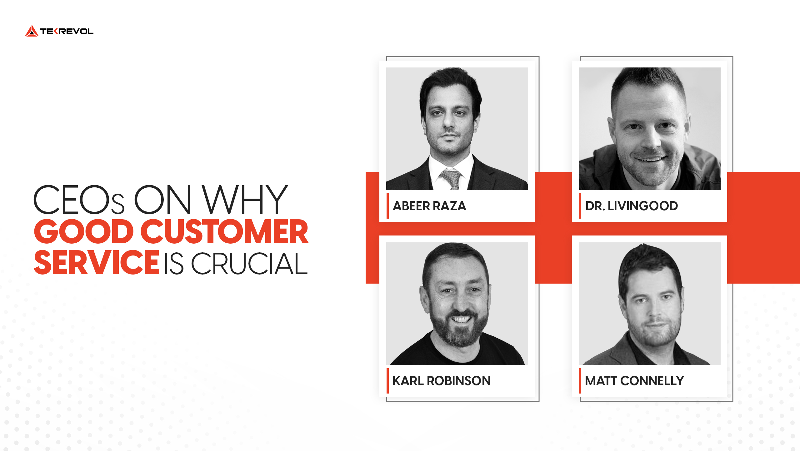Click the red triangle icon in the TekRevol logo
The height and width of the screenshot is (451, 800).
[x=32, y=32]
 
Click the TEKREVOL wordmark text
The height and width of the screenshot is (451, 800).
[x=67, y=32]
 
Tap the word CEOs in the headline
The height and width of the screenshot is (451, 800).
[x=79, y=200]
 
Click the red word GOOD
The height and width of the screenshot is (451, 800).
[x=84, y=232]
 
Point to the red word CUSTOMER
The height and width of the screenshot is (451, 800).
[x=224, y=232]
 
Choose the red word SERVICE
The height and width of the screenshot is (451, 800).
[x=97, y=263]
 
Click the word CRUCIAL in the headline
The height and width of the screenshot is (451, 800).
[x=249, y=264]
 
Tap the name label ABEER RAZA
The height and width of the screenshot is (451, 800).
[x=429, y=206]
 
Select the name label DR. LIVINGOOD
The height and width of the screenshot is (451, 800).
[x=632, y=206]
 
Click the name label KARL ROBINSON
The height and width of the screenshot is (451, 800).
[x=441, y=381]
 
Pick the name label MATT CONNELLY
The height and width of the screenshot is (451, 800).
[x=634, y=381]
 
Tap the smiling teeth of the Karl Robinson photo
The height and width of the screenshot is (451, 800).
[x=462, y=320]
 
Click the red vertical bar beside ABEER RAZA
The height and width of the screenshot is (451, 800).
[x=388, y=206]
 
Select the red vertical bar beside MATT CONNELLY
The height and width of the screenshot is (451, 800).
[x=580, y=381]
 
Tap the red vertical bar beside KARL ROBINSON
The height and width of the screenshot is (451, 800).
[x=388, y=381]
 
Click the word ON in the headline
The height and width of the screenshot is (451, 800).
[x=162, y=200]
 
